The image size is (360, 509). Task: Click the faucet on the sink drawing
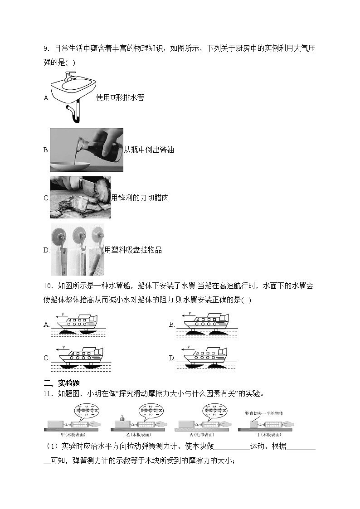pos(69,74)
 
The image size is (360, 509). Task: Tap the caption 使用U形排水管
pos(120,97)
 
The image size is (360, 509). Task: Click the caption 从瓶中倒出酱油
pos(149,150)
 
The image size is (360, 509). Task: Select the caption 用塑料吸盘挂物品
pos(133,250)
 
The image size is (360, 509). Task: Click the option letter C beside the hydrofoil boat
pos(46,358)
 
